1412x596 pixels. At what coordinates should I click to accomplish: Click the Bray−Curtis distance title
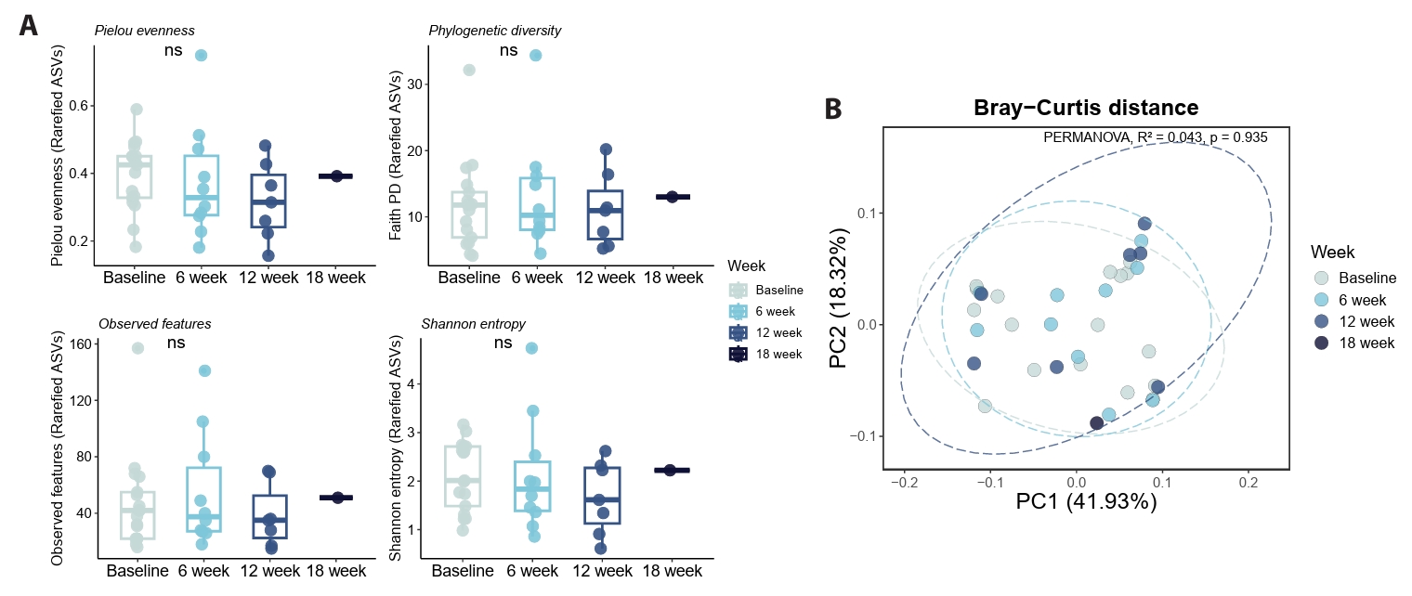pyautogui.click(x=1086, y=108)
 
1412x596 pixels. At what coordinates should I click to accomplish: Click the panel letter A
pyautogui.click(x=29, y=25)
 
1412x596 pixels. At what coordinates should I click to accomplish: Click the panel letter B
pyautogui.click(x=833, y=109)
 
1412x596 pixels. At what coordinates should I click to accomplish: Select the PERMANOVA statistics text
pyautogui.click(x=1156, y=137)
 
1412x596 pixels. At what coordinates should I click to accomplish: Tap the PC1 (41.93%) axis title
pyautogui.click(x=1086, y=502)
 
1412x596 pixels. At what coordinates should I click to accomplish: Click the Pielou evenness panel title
pyautogui.click(x=144, y=31)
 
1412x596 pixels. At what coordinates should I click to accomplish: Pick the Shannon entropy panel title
pyautogui.click(x=474, y=324)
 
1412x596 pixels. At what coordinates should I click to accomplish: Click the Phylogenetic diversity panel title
pyautogui.click(x=494, y=31)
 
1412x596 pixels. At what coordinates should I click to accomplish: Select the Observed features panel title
pyautogui.click(x=155, y=324)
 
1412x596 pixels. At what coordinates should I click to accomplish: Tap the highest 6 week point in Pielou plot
pyautogui.click(x=201, y=56)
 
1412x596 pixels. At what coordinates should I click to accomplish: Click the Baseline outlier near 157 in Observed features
pyautogui.click(x=137, y=348)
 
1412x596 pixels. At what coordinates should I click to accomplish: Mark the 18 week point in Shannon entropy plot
pyautogui.click(x=671, y=471)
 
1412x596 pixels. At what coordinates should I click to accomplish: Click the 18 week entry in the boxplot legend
pyautogui.click(x=778, y=354)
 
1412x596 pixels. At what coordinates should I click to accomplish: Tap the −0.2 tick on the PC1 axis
pyautogui.click(x=904, y=485)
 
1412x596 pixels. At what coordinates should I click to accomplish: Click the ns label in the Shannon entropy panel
pyautogui.click(x=503, y=343)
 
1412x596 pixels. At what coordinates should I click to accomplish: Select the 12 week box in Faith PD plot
pyautogui.click(x=605, y=215)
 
